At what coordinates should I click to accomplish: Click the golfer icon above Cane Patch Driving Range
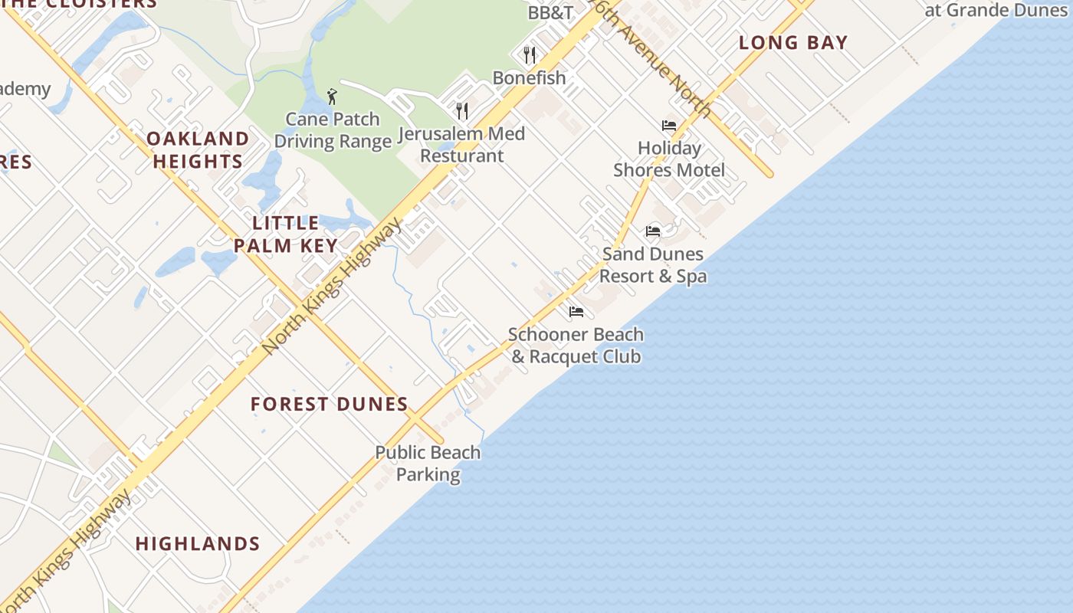pos(332,97)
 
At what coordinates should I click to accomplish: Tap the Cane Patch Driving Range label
pos(333,130)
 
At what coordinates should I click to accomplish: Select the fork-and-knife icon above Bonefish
pos(529,54)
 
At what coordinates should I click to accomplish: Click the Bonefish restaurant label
pos(529,77)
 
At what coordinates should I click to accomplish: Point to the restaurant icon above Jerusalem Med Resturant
pos(461,111)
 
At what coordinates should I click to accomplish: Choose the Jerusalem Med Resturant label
pos(461,145)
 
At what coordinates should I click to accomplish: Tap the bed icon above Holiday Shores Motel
pos(669,126)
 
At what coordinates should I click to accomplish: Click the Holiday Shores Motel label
pos(669,159)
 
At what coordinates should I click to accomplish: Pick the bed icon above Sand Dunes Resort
pos(653,231)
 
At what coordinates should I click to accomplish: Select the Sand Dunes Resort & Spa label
pos(653,264)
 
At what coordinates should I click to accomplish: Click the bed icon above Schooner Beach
pos(576,312)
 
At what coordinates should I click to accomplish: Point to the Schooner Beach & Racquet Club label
pos(576,346)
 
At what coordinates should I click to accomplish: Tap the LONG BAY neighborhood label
pos(793,43)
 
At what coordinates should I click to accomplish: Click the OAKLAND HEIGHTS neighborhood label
pos(198,149)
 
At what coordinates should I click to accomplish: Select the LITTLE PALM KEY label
pos(286,234)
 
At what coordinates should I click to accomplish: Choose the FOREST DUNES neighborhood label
pos(330,404)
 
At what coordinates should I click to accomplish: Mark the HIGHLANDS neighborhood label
pos(198,543)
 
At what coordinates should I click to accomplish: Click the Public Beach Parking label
pos(428,463)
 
